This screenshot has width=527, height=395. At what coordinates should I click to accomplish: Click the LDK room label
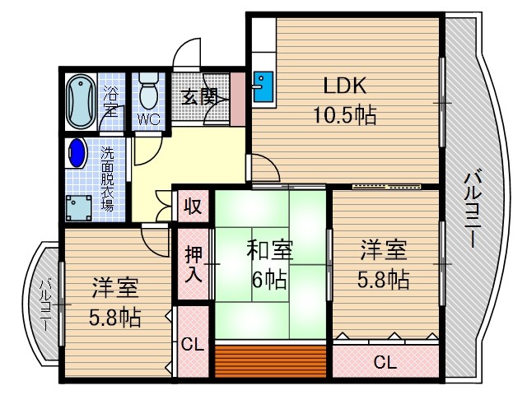[344, 86]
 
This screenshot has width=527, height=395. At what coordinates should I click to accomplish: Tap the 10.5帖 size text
[343, 114]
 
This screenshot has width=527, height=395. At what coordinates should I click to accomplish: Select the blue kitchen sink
[263, 86]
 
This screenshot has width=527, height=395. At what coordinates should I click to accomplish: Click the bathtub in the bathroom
[80, 101]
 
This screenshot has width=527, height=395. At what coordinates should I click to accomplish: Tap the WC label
[149, 119]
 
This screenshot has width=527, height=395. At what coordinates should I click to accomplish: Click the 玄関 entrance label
[198, 95]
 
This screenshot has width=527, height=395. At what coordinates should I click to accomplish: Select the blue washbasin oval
[77, 153]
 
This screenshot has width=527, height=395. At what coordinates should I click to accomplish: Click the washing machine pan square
[80, 207]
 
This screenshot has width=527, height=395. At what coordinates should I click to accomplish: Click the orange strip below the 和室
[271, 360]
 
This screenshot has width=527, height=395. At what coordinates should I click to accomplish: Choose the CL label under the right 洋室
[384, 360]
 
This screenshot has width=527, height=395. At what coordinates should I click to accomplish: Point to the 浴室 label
[110, 102]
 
